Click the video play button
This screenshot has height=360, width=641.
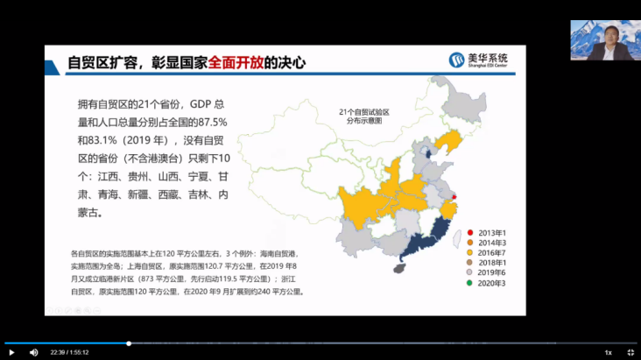[11, 352]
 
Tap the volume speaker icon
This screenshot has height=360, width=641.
[33, 352]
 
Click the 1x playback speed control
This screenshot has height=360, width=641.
[608, 352]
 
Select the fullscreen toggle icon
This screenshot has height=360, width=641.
[630, 352]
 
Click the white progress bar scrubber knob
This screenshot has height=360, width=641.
[129, 343]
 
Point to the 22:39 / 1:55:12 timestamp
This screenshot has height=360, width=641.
[69, 352]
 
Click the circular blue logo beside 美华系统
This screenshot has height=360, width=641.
[456, 60]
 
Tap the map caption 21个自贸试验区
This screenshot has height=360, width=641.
[364, 112]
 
